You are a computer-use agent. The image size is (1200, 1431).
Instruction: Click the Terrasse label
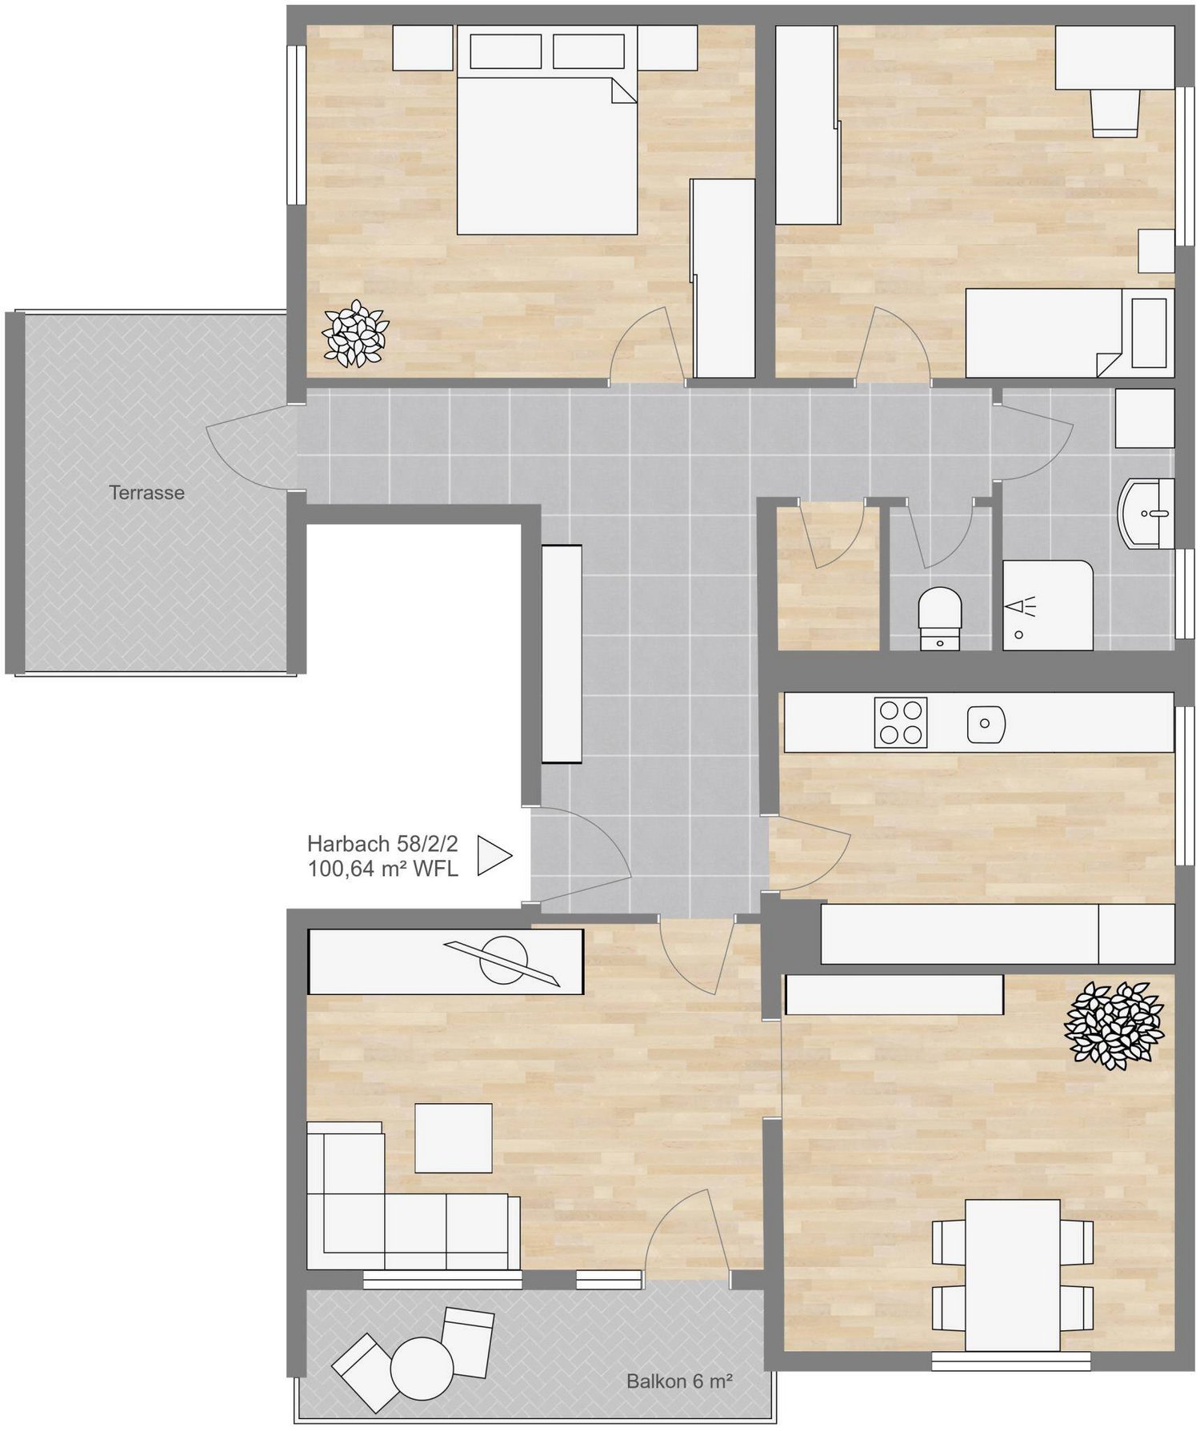coord(146,493)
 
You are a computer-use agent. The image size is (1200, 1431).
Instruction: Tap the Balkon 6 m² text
coord(679,1381)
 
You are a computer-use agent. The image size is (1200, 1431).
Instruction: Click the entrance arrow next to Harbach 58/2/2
coord(494,855)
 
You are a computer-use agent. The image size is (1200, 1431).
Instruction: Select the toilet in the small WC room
coord(939,618)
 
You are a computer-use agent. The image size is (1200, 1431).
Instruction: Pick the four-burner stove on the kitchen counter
coord(901,721)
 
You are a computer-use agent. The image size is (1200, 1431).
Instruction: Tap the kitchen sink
coord(986,724)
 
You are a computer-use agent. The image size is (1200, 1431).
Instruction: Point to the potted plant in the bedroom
coord(355,333)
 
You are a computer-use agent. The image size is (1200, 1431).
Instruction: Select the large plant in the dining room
coord(1114,1025)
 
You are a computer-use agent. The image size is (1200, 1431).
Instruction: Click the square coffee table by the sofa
coord(454,1137)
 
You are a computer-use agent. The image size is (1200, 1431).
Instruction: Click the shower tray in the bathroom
coord(1048,605)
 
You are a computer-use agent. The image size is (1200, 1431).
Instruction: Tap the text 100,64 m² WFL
coord(382,869)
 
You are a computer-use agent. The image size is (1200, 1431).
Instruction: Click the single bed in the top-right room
coord(1070,333)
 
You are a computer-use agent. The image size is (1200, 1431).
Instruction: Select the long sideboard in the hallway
coord(562,654)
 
